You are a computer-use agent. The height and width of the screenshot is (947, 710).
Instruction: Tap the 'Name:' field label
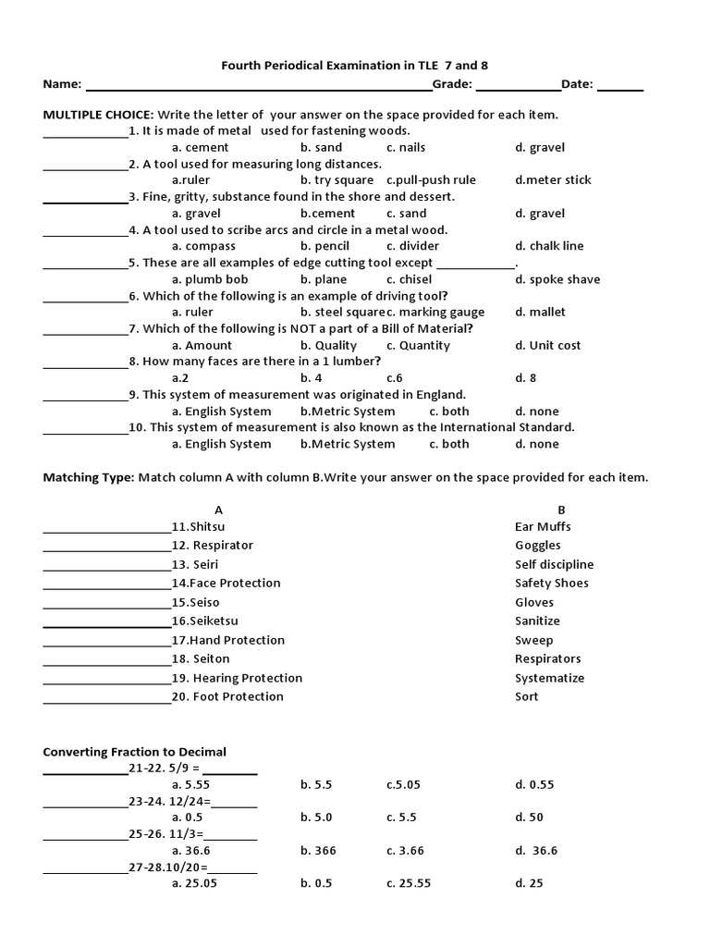(x=63, y=84)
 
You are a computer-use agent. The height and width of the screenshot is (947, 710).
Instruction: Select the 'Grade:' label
(x=453, y=84)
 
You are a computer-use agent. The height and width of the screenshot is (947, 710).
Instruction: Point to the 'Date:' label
(x=577, y=84)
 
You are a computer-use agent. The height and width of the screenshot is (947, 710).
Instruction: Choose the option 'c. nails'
(x=406, y=147)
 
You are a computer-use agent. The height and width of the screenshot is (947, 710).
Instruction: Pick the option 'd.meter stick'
(x=553, y=180)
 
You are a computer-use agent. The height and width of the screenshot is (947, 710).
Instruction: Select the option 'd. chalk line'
(x=549, y=246)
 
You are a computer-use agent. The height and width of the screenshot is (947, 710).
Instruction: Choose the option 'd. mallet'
(x=540, y=312)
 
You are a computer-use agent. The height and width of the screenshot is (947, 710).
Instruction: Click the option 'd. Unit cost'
(x=547, y=345)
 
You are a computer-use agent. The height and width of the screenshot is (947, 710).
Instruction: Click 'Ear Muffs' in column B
(x=543, y=526)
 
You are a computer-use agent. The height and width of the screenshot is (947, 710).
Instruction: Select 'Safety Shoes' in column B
(x=551, y=583)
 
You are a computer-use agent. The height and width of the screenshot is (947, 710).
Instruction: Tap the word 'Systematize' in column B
(x=549, y=678)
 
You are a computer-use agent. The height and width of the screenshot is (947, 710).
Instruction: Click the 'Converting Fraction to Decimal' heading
(x=134, y=752)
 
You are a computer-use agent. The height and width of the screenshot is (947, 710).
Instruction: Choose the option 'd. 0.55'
(x=534, y=784)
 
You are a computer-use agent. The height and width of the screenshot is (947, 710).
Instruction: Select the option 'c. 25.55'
(x=410, y=883)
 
